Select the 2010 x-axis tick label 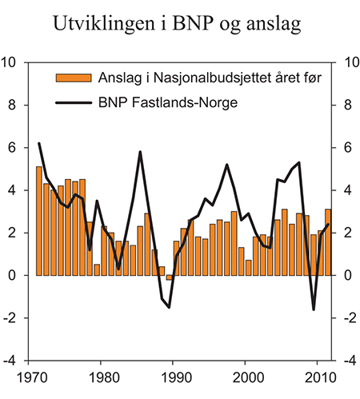[x=320, y=375]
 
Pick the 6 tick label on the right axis [x=346, y=147]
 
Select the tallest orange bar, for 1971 [x=39, y=221]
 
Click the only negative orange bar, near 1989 [x=169, y=277]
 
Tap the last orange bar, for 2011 [x=328, y=242]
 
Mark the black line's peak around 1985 [x=140, y=152]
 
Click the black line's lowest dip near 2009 [x=314, y=309]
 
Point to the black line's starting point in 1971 [x=39, y=144]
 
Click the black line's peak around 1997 [x=227, y=165]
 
